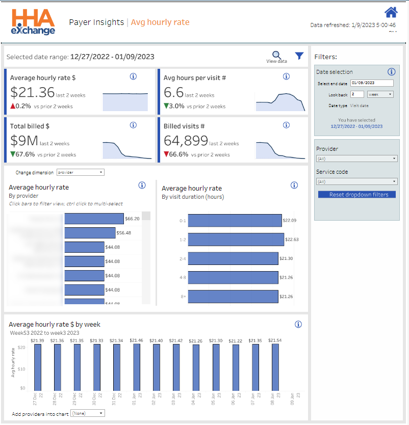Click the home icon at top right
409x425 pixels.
point(391,12)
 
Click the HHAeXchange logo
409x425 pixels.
point(33,22)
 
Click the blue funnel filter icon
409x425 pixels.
point(299,56)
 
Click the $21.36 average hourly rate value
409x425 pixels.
point(33,92)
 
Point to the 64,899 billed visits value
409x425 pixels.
point(186,141)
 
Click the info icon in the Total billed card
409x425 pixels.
point(133,125)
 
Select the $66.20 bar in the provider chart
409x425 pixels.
point(94,219)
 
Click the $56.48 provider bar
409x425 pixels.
point(90,233)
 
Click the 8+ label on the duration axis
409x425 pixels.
point(183,296)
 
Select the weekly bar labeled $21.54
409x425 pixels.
point(275,367)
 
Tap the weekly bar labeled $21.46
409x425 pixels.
point(137,367)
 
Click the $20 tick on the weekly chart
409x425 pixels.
point(21,348)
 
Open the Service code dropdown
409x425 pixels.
point(356,181)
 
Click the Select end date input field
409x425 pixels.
point(372,83)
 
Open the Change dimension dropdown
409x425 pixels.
point(81,172)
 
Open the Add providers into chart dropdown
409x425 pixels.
point(88,413)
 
